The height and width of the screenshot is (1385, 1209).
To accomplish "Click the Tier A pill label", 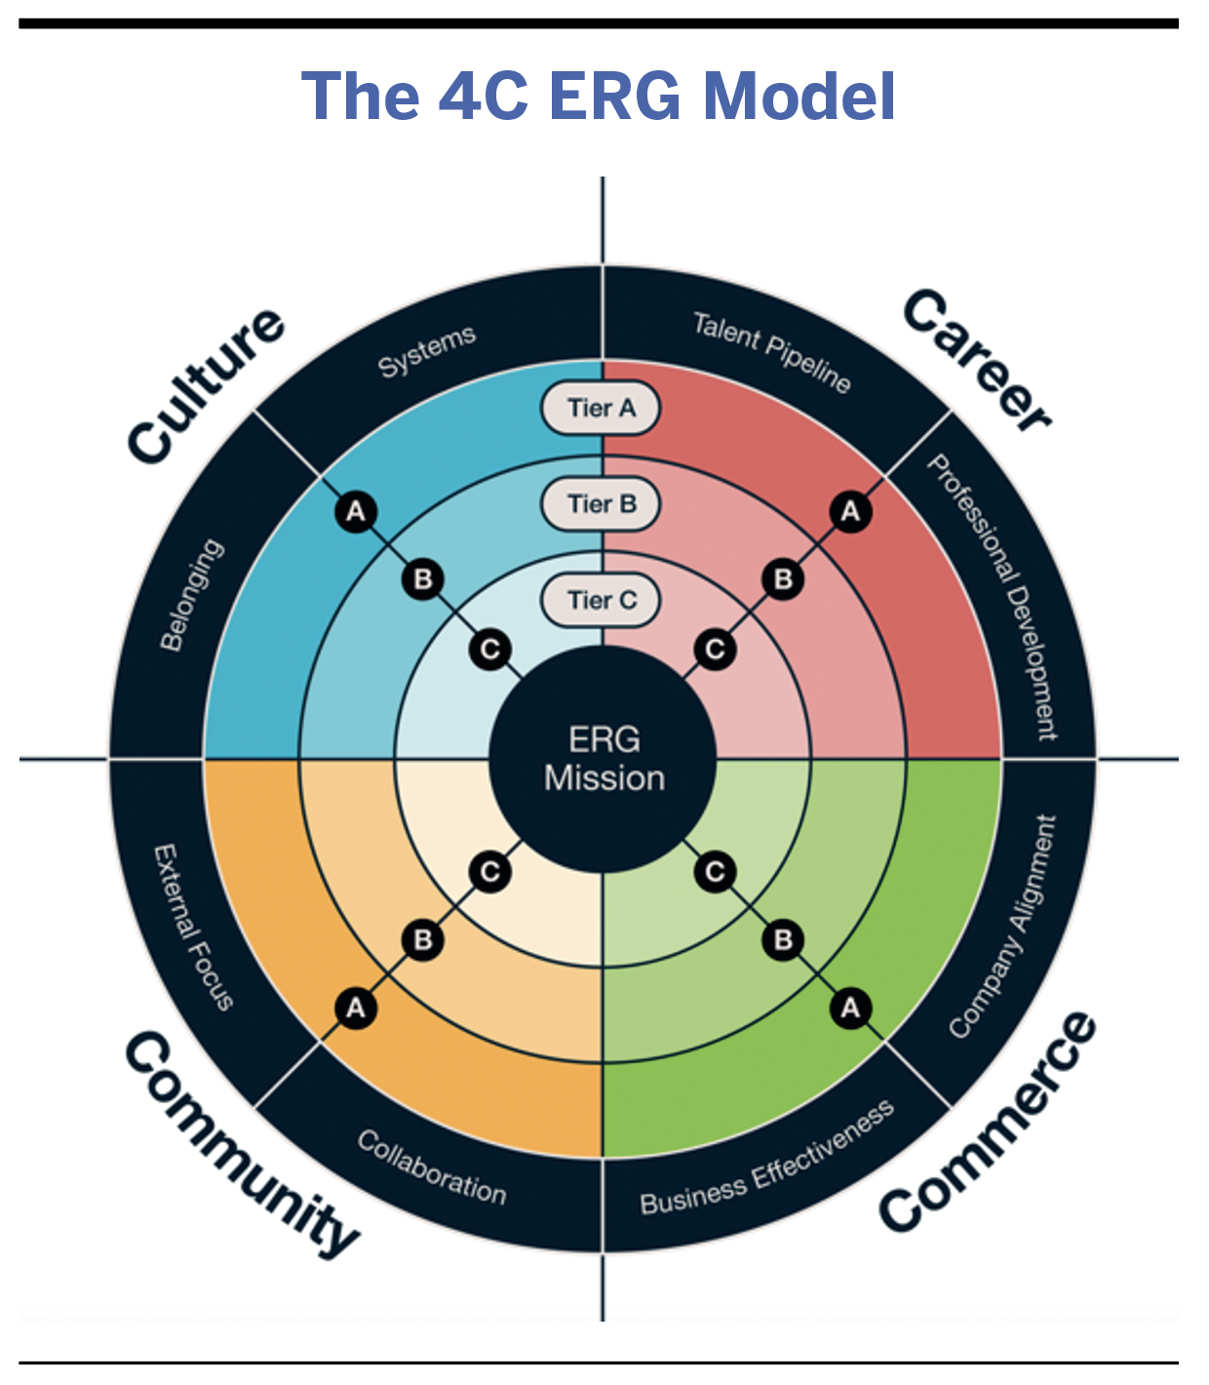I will click(601, 408).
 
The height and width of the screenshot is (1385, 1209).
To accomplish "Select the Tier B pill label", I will click(601, 504).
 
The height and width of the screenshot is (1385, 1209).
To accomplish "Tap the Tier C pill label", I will click(601, 600).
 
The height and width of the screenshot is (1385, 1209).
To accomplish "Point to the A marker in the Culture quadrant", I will click(356, 511).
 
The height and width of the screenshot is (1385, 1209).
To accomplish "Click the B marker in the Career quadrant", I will click(783, 579).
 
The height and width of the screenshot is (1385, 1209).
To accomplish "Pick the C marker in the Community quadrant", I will click(490, 871).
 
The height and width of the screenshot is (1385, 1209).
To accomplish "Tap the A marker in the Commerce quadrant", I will click(850, 1007).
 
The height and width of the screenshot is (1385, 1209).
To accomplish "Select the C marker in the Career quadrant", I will click(715, 649).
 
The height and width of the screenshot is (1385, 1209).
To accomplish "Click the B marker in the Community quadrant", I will click(423, 939).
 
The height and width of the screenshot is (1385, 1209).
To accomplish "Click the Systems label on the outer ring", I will click(427, 351).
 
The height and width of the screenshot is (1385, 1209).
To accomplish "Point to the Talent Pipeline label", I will click(771, 351).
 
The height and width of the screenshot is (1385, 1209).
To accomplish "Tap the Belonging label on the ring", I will click(191, 595).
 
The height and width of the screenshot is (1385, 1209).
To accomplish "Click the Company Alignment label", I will click(1004, 926).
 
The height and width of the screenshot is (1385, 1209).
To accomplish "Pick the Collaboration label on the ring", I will click(432, 1167).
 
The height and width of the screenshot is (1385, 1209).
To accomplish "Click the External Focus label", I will click(193, 927).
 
